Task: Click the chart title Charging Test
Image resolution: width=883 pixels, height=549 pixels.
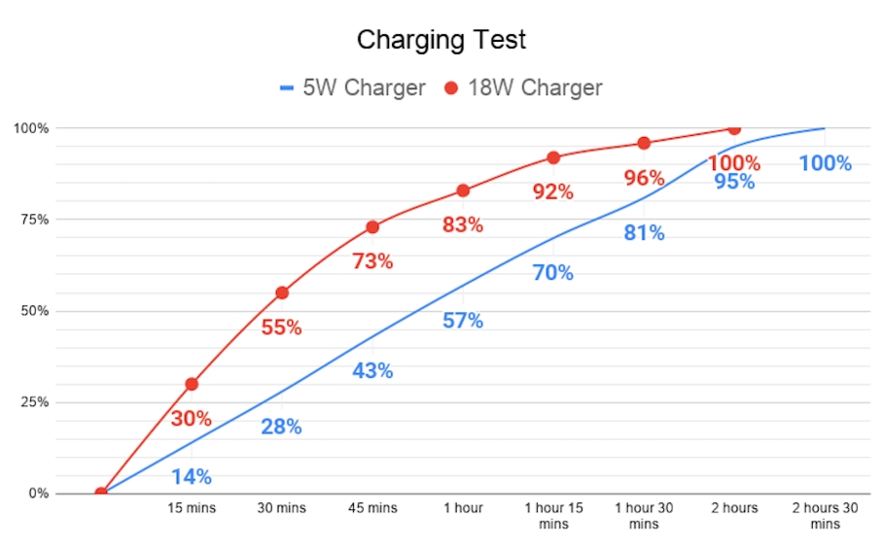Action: [441, 40]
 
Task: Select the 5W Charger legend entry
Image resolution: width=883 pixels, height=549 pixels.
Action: [352, 87]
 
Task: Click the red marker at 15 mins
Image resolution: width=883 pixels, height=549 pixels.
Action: [192, 384]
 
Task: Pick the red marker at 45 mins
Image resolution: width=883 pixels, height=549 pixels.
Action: [372, 227]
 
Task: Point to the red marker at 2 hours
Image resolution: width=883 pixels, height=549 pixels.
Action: [734, 128]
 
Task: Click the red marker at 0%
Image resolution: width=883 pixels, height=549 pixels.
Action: [101, 493]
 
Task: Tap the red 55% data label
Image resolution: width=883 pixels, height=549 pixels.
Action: [281, 327]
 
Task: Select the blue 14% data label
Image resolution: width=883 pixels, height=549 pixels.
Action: [192, 476]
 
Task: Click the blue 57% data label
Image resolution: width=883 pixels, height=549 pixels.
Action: [463, 321]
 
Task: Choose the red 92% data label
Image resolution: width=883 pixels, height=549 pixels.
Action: [553, 191]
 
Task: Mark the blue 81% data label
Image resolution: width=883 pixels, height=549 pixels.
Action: [644, 233]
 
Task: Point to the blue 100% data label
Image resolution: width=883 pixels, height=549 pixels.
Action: [825, 163]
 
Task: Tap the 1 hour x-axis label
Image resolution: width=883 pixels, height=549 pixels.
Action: [463, 507]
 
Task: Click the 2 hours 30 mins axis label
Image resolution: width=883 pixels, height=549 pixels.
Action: [825, 515]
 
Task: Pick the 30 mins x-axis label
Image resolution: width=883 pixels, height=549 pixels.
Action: [282, 507]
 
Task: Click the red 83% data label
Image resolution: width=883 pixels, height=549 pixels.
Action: [463, 224]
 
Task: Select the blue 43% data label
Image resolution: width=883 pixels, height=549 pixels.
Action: [372, 371]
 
